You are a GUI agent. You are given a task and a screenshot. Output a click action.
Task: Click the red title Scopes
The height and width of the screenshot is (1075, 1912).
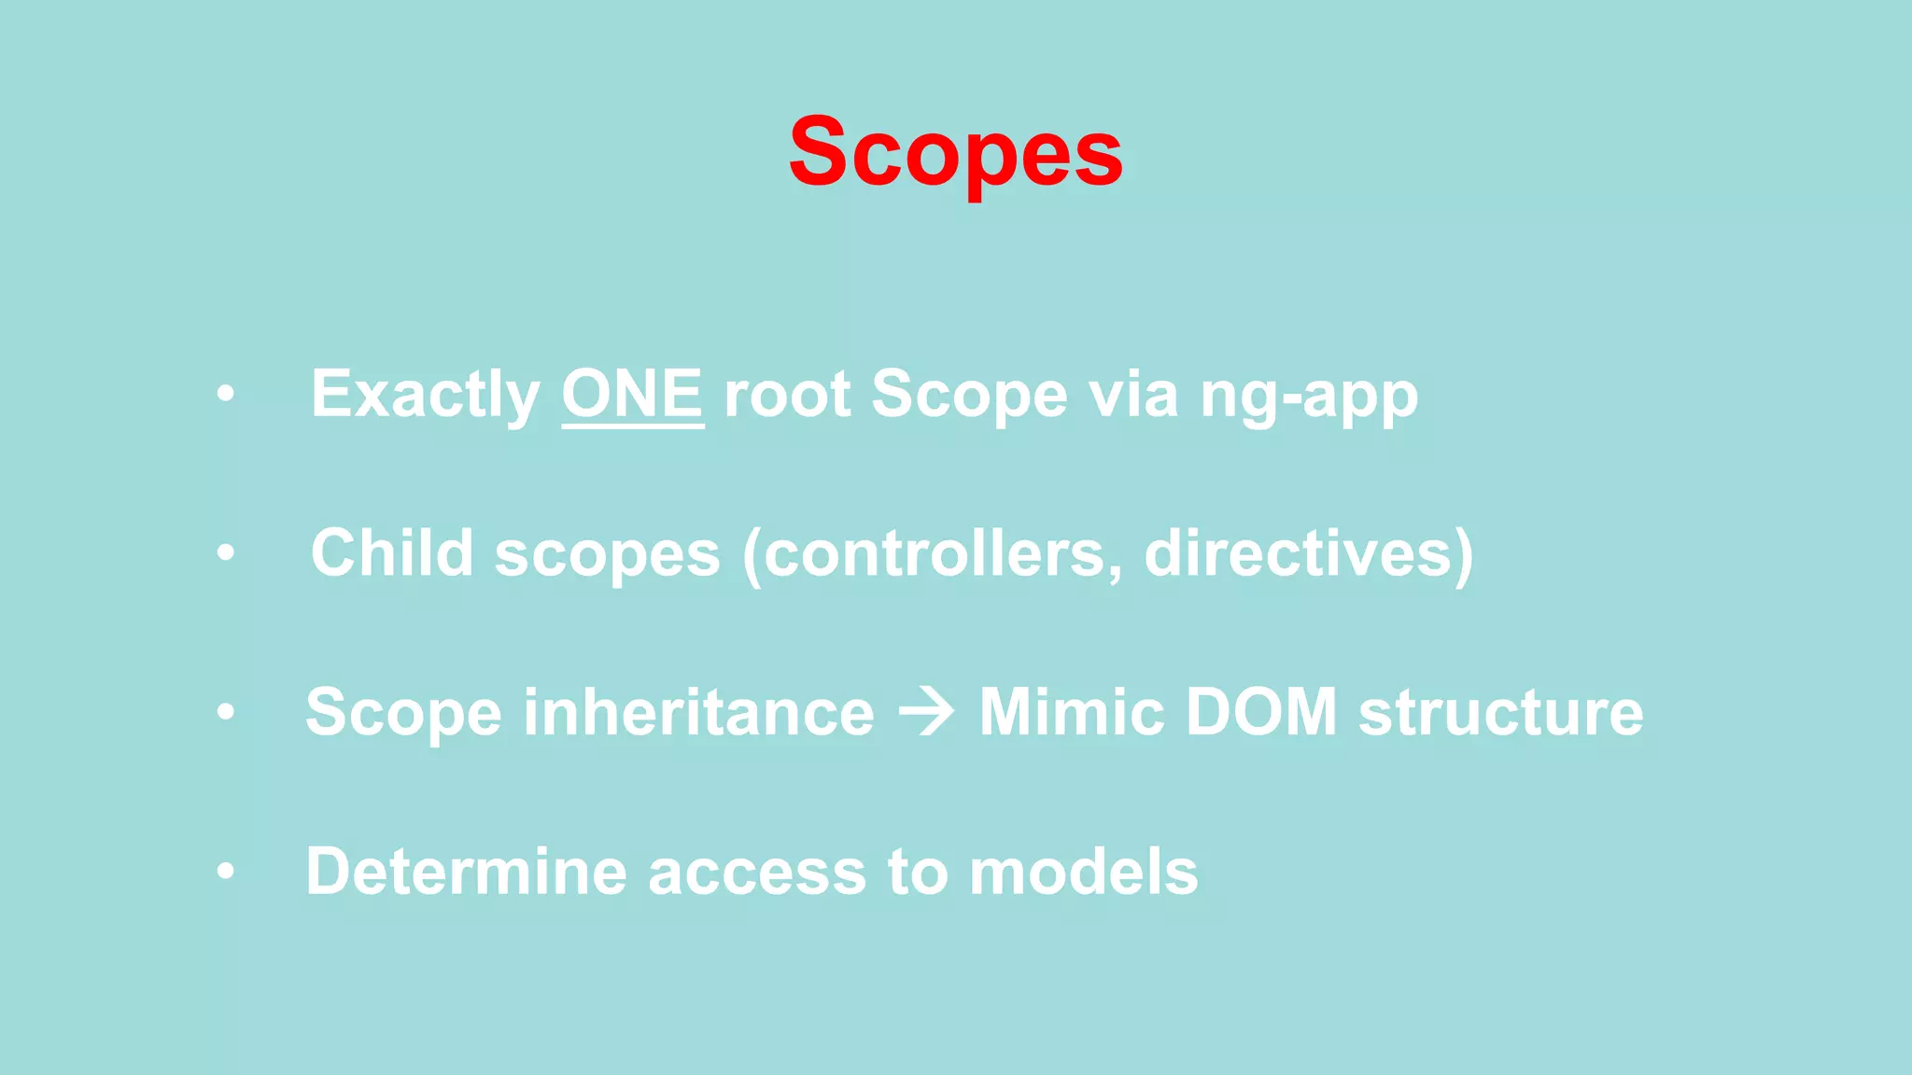(955, 152)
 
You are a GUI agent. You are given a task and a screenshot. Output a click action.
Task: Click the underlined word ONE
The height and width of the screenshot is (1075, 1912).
(632, 395)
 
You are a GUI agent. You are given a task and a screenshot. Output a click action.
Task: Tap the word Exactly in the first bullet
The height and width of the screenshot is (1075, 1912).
(425, 397)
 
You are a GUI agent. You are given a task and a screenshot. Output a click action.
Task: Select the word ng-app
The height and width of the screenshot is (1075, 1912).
(1308, 397)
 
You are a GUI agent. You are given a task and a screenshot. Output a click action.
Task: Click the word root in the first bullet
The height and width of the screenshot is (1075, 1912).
(786, 395)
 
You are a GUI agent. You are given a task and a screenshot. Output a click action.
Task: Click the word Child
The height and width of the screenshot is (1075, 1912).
(391, 553)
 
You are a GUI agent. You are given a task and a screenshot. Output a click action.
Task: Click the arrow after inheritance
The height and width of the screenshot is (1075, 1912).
(926, 713)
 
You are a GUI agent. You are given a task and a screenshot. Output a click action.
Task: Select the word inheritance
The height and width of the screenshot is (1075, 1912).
(698, 713)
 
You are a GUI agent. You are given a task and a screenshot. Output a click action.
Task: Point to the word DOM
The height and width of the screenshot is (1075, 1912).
(1260, 713)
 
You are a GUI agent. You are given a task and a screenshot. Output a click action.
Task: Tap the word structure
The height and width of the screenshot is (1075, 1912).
(1500, 713)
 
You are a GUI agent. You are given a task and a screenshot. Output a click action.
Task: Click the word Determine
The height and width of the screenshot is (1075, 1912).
(466, 872)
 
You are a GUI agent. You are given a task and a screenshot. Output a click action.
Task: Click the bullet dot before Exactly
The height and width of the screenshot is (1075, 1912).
(225, 395)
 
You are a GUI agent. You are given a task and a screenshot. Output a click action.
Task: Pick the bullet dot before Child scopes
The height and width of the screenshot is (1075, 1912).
(225, 553)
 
